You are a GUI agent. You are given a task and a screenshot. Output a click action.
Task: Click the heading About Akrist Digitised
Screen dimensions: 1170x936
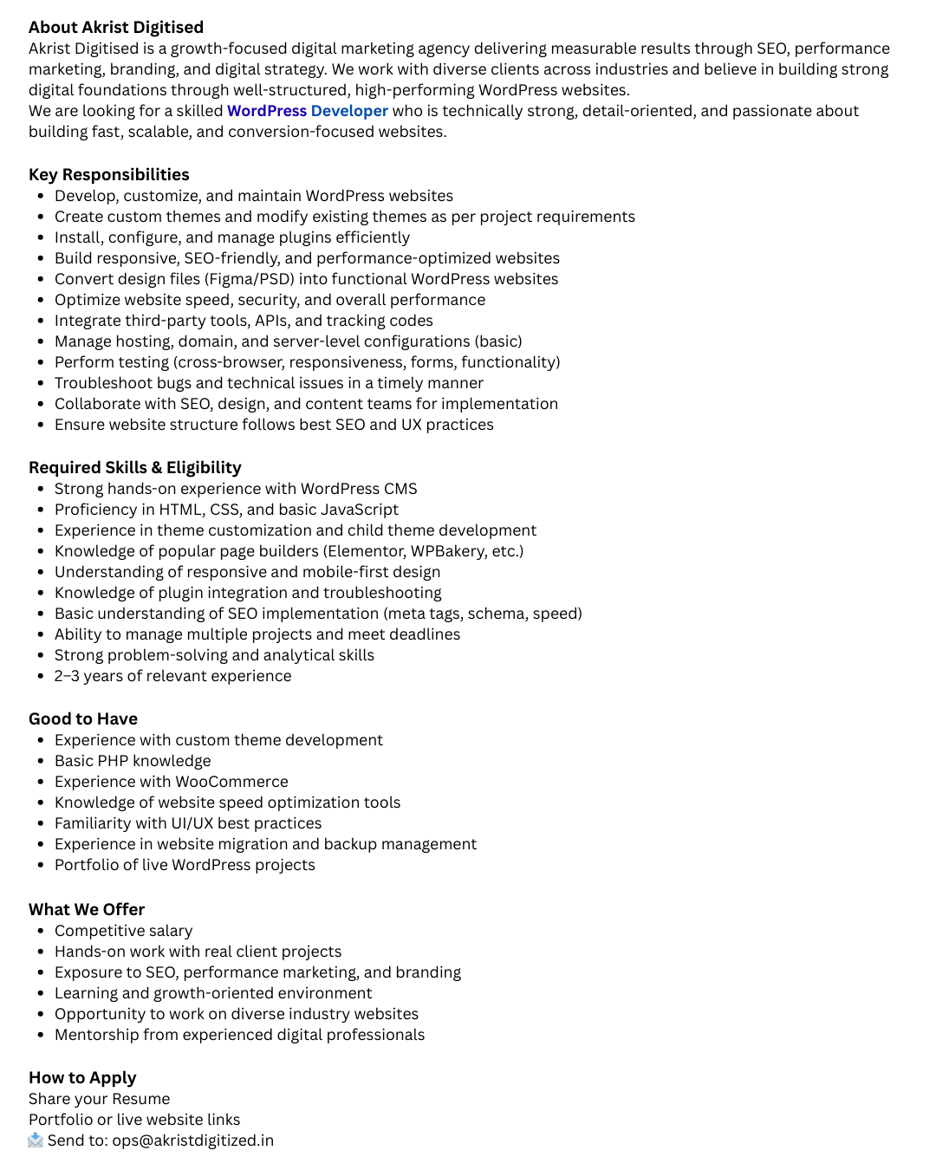tap(116, 28)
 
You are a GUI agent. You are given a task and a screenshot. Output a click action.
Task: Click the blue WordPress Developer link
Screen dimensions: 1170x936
tap(307, 111)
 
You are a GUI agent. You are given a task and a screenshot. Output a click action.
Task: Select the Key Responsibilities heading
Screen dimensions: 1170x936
tap(108, 175)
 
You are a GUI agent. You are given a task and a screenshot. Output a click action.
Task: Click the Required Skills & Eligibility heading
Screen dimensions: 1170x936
tap(134, 468)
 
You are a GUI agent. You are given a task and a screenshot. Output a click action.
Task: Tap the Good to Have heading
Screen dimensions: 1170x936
tap(83, 719)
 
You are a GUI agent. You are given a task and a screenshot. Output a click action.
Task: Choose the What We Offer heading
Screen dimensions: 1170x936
tap(87, 910)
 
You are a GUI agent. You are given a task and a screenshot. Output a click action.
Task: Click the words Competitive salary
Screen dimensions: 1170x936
tap(123, 931)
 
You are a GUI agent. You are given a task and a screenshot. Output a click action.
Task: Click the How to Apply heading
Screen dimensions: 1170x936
tap(82, 1078)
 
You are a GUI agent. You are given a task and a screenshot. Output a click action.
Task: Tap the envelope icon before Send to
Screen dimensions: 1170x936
tap(36, 1141)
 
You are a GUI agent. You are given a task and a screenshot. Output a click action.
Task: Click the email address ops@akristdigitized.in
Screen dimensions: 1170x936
tap(192, 1141)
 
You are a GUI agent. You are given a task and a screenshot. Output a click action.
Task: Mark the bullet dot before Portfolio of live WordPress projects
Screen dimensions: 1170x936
tap(40, 865)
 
